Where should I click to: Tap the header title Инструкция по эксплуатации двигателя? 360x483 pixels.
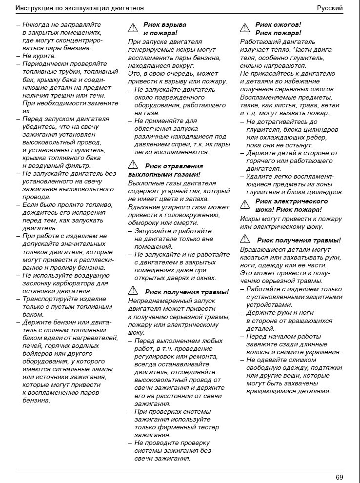[80, 8]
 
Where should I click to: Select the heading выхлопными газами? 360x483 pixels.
[164, 174]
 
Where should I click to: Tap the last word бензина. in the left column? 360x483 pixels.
[37, 401]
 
